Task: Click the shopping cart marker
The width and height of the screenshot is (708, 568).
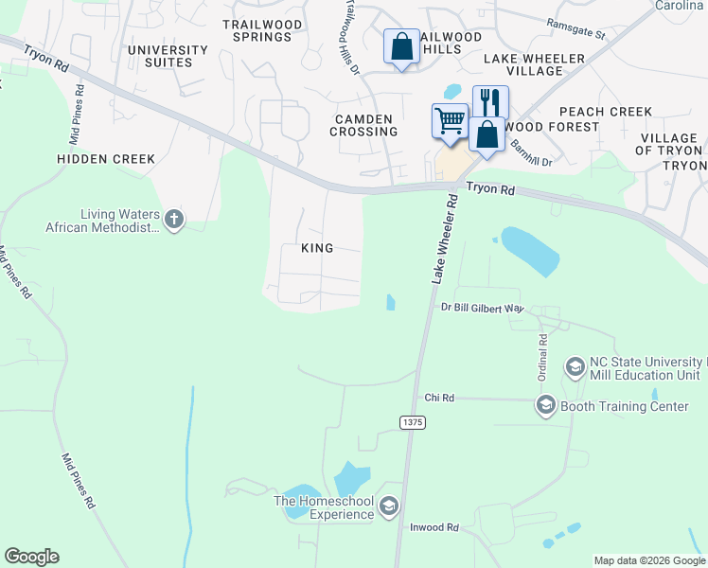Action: (x=450, y=121)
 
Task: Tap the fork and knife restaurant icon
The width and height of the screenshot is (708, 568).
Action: (x=490, y=101)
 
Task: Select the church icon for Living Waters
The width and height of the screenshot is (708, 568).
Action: (x=173, y=220)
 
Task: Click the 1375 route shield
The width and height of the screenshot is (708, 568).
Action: (x=412, y=421)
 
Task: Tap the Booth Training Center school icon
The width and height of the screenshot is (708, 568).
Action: (x=545, y=406)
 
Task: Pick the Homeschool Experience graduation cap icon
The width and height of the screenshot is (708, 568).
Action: (x=388, y=508)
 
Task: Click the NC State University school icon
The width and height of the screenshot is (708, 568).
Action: (x=575, y=366)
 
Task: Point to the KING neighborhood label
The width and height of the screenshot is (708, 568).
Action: (x=317, y=248)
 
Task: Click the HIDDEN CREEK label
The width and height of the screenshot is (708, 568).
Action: (x=106, y=159)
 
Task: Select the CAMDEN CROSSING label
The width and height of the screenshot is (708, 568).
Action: (x=363, y=125)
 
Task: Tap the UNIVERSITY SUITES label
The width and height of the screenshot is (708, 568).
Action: (x=168, y=56)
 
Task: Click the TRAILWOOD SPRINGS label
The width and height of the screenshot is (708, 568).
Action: (x=257, y=30)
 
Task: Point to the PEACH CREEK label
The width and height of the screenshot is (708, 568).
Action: (x=606, y=112)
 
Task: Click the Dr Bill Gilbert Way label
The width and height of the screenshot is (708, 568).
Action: (x=483, y=308)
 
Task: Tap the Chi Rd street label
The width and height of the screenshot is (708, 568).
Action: (x=440, y=399)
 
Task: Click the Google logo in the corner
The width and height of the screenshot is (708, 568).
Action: (x=31, y=557)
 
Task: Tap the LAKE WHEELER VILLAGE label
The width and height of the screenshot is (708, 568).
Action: (x=535, y=64)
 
